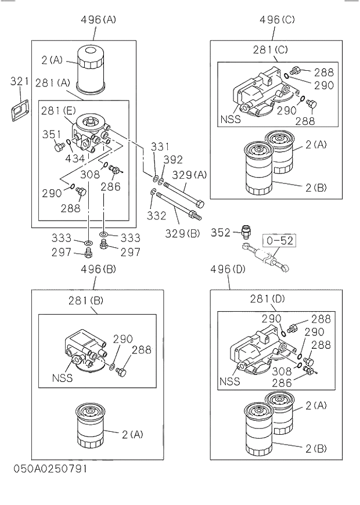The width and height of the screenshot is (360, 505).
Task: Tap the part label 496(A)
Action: [x=98, y=19]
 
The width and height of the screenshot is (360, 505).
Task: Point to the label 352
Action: [x=221, y=232]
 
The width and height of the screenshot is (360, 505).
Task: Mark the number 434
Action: [x=75, y=158]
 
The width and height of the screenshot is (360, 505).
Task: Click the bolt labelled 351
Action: [x=57, y=148]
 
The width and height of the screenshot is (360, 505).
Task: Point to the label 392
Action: [x=172, y=160]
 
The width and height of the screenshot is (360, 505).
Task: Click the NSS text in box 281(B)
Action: [x=62, y=378]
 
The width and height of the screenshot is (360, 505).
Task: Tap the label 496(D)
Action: [x=228, y=269]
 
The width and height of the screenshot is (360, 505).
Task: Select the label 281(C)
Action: [x=270, y=50]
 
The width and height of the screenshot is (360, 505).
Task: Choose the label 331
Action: [x=160, y=147]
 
